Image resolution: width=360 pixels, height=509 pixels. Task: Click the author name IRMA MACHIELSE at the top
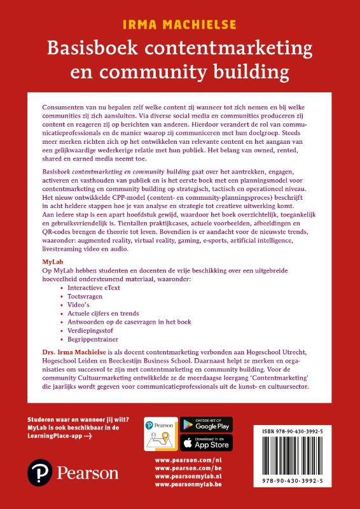point(179,25)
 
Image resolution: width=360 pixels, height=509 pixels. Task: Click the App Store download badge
point(207,442)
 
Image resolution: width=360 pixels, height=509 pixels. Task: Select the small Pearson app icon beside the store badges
point(162,433)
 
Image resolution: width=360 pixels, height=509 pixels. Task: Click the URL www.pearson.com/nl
point(183,459)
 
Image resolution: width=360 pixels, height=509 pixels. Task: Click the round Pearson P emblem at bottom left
point(38,473)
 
